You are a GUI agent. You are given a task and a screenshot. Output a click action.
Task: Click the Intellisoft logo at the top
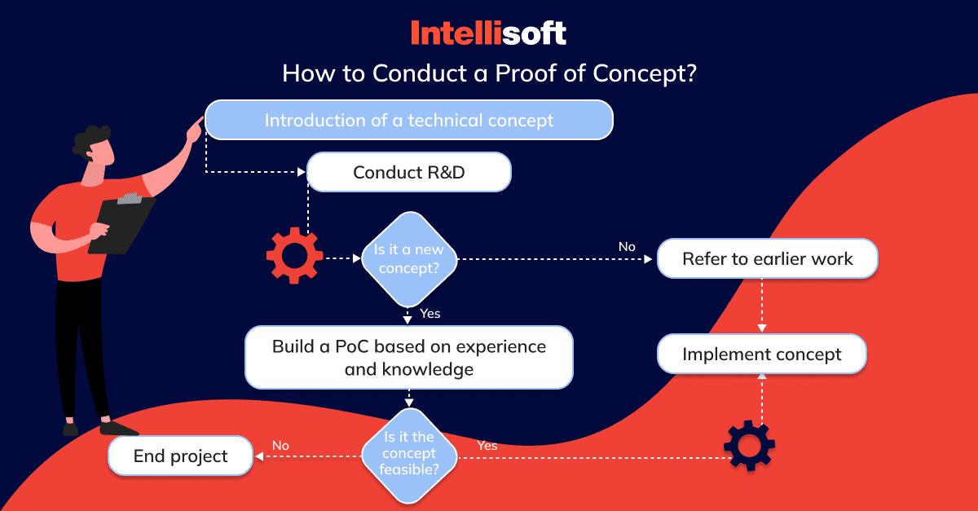(x=488, y=33)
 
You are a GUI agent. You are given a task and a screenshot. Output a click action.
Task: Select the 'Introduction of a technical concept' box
(x=409, y=120)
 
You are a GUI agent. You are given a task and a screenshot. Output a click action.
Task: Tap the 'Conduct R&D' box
(x=409, y=172)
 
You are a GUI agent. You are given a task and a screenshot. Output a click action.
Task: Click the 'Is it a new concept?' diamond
(x=409, y=259)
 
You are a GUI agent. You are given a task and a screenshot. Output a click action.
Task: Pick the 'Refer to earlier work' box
(x=768, y=258)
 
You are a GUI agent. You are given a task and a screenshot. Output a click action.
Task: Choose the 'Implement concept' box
(x=762, y=354)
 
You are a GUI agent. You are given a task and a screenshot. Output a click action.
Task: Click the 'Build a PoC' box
(x=409, y=357)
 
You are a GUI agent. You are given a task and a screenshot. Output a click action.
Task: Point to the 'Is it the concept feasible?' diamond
(x=409, y=456)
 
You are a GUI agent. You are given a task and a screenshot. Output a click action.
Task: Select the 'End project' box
(x=180, y=456)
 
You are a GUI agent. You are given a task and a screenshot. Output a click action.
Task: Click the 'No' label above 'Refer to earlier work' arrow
(x=627, y=247)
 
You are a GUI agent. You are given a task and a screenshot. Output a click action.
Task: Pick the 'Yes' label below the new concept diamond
(x=430, y=314)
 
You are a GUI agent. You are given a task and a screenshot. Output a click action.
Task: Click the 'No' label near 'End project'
(x=280, y=446)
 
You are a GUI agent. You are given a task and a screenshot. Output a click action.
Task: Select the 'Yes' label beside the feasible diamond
(x=487, y=446)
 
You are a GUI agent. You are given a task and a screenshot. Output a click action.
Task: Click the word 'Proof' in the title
(x=525, y=73)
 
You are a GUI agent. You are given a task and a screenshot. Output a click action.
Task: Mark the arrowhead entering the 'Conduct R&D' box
(x=302, y=172)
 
